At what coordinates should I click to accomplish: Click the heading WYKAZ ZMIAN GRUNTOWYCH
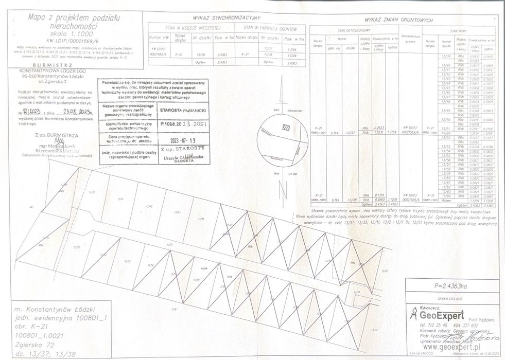tap(398, 20)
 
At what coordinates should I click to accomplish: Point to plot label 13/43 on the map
tap(177, 211)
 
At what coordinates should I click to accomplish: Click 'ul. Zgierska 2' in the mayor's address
tap(56, 81)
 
